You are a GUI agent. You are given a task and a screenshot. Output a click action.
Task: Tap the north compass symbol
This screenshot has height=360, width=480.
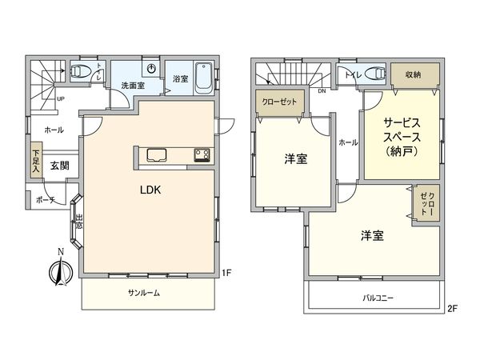click(x=59, y=270)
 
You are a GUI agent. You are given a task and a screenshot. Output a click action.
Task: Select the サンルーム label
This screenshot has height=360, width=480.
click(x=145, y=293)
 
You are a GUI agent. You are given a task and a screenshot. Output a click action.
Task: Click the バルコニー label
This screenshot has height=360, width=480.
click(x=375, y=298)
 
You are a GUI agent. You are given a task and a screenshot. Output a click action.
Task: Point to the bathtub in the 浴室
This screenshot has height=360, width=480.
click(x=200, y=78)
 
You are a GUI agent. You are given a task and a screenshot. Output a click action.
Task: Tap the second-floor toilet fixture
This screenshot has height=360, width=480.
click(x=370, y=74)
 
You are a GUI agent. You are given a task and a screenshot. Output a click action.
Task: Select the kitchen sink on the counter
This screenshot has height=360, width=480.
click(x=154, y=154)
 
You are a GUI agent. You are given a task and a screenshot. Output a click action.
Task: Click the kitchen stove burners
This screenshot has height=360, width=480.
click(x=199, y=155)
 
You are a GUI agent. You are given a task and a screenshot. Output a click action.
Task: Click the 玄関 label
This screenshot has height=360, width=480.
click(x=58, y=166)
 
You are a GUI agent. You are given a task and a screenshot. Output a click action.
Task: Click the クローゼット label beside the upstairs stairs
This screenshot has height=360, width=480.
click(x=275, y=102)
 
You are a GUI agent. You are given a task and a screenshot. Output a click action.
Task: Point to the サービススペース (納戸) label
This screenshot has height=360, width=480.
click(x=402, y=135)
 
